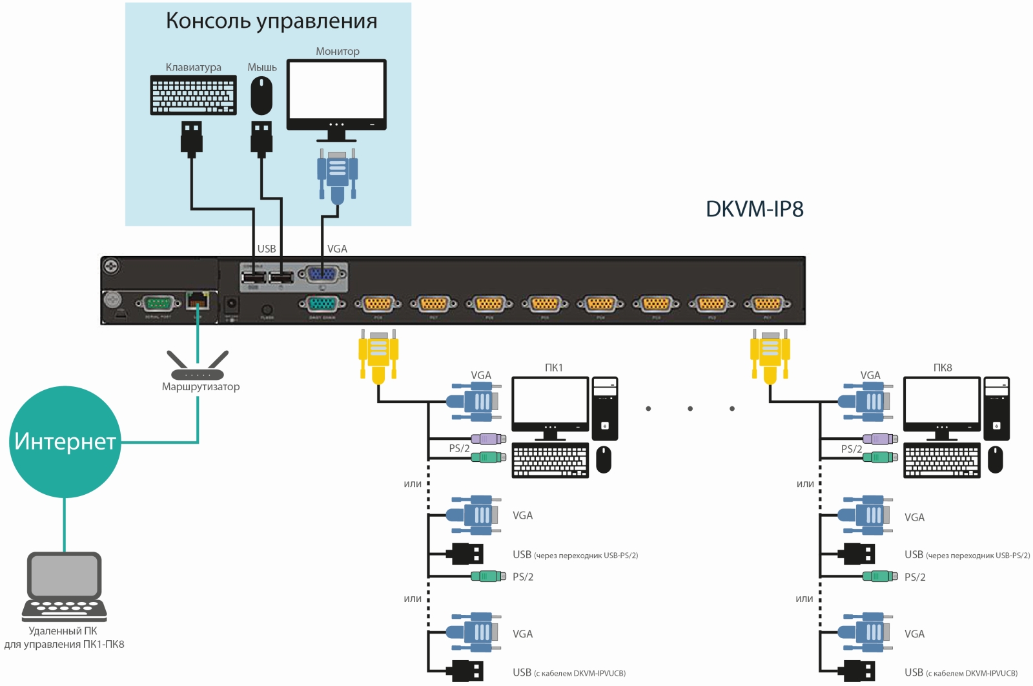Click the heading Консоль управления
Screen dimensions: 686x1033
(x=271, y=21)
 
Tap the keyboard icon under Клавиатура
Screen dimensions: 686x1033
(x=193, y=95)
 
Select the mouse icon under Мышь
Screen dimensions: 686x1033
(x=261, y=96)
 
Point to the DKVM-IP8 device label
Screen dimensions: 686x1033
(x=754, y=209)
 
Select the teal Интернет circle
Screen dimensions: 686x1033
(x=65, y=442)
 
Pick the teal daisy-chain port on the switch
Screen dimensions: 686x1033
(x=322, y=304)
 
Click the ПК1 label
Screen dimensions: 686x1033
(x=553, y=368)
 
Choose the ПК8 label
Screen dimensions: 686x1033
(x=942, y=368)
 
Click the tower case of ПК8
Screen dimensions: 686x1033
(x=996, y=408)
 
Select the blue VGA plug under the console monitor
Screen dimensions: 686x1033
(x=337, y=174)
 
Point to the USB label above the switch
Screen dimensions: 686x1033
(x=267, y=249)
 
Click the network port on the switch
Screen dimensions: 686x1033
(x=197, y=300)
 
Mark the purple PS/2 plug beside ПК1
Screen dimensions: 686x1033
(x=488, y=439)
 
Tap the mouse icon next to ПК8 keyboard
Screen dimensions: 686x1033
(x=995, y=459)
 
